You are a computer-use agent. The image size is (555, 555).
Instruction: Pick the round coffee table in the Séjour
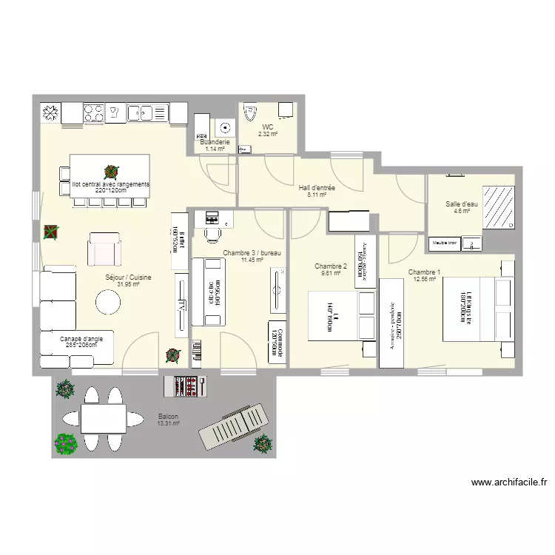[x=108, y=302]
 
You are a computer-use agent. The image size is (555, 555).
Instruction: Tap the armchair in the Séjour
[x=104, y=249]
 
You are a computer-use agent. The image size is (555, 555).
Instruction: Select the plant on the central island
[x=110, y=172]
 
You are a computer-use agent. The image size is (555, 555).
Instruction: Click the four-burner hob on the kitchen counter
[x=94, y=112]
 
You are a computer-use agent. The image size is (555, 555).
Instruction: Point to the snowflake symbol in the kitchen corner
[x=50, y=112]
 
